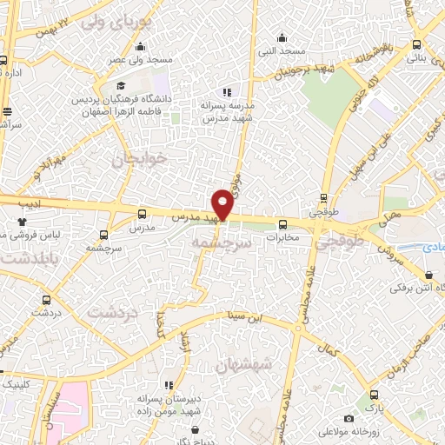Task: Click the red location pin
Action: [222, 204]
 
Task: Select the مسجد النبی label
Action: [279, 51]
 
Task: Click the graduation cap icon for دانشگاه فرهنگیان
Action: [123, 86]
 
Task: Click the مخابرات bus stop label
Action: [282, 236]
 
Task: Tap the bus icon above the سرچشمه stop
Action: [104, 235]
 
